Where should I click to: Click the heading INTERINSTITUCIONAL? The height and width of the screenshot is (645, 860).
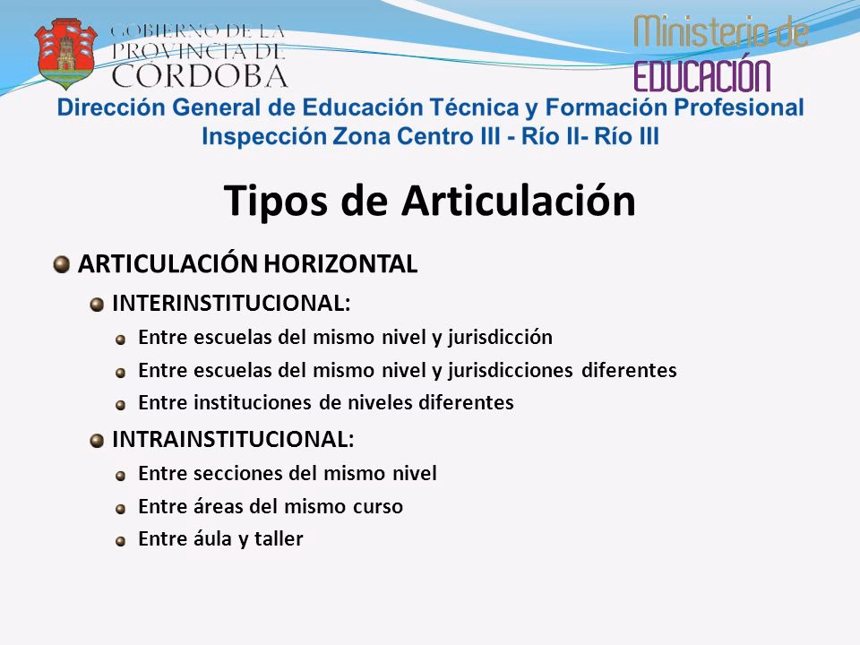pyautogui.click(x=231, y=303)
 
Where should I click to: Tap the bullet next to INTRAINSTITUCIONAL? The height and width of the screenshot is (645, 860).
pyautogui.click(x=95, y=439)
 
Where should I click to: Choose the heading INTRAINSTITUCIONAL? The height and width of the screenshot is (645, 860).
pyautogui.click(x=232, y=439)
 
